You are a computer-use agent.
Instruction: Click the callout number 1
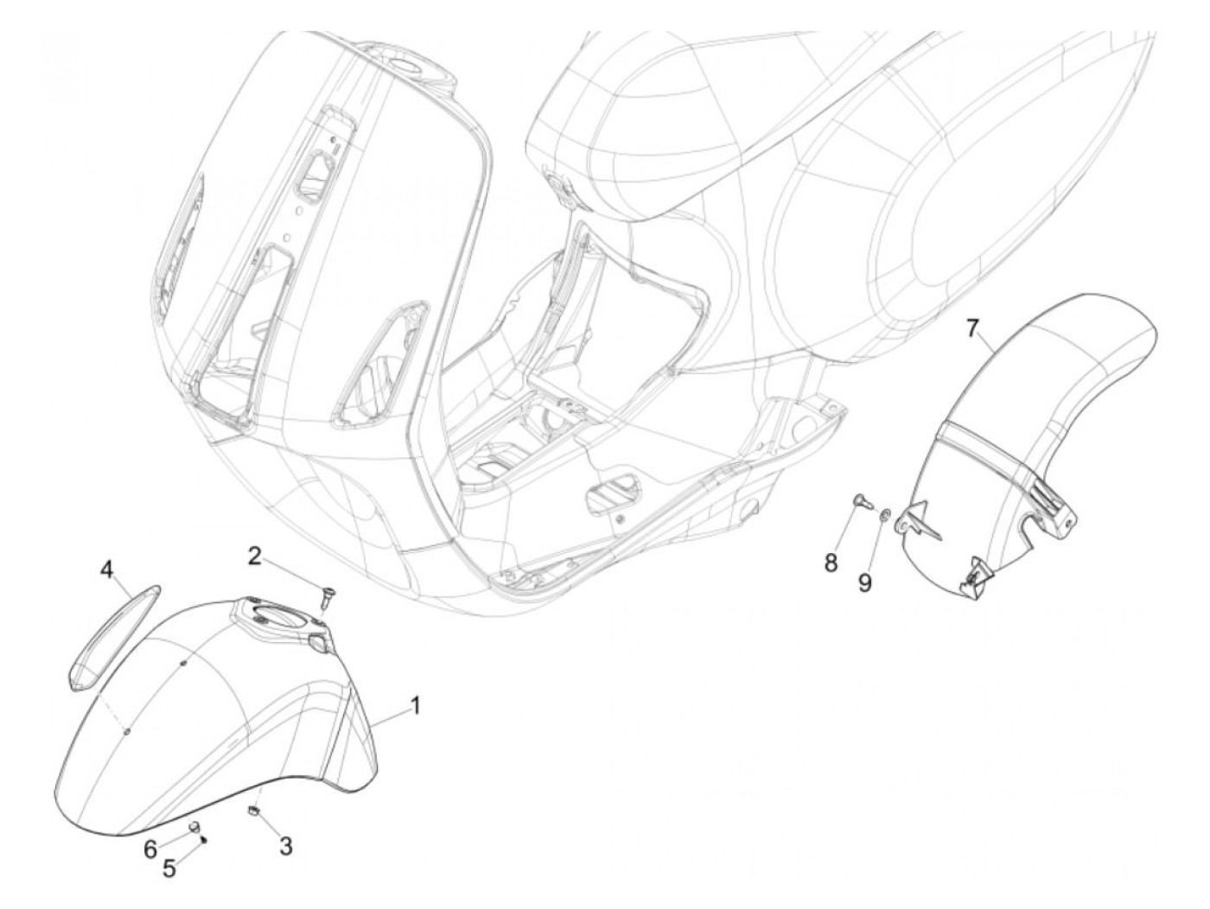(x=415, y=708)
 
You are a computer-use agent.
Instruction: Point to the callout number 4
(x=107, y=570)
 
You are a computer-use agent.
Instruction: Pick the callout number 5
(x=169, y=868)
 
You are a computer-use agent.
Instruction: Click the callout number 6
(x=150, y=850)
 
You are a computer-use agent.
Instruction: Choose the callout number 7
(x=973, y=329)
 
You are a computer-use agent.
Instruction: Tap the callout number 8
(x=831, y=563)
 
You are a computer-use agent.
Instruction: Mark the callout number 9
(x=865, y=583)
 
